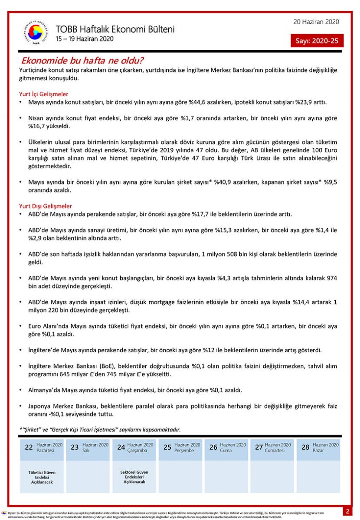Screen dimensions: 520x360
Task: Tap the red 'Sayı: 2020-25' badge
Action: (x=317, y=41)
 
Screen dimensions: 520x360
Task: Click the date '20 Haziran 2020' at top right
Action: (x=316, y=22)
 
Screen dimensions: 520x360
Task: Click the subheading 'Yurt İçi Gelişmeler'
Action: (x=44, y=94)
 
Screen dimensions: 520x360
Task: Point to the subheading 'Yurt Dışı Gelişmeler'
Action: (x=46, y=206)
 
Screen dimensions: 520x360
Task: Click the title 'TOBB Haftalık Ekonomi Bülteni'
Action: (x=115, y=29)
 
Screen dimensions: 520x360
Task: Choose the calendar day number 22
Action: (x=29, y=447)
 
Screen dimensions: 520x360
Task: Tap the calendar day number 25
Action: (x=167, y=447)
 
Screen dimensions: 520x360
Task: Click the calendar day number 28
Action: (x=305, y=447)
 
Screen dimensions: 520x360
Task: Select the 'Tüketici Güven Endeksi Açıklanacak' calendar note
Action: (x=42, y=477)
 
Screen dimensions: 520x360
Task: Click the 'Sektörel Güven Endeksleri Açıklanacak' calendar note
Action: (x=134, y=477)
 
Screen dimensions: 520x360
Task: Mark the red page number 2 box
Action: (x=347, y=511)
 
